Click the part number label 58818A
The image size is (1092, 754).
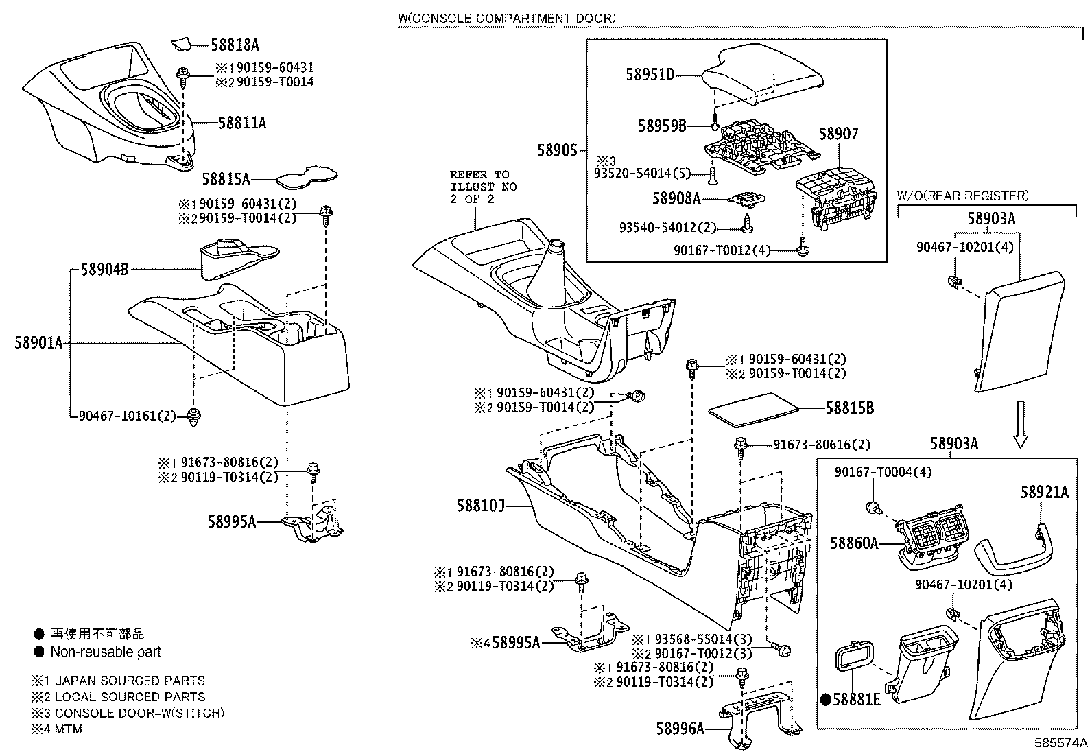click(x=235, y=45)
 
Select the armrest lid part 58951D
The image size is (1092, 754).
click(x=761, y=75)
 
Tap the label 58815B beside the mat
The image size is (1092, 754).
click(x=849, y=408)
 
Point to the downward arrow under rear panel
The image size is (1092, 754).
click(x=1021, y=425)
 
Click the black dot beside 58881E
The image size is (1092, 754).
click(x=827, y=700)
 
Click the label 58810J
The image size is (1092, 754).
click(x=481, y=506)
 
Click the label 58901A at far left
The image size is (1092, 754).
click(x=38, y=342)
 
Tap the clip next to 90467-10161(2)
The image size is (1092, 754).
click(x=195, y=416)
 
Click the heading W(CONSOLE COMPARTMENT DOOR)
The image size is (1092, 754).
click(x=506, y=19)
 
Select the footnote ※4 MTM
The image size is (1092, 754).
click(x=56, y=729)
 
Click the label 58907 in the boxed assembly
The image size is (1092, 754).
click(x=838, y=134)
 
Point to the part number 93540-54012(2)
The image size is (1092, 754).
click(x=667, y=228)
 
